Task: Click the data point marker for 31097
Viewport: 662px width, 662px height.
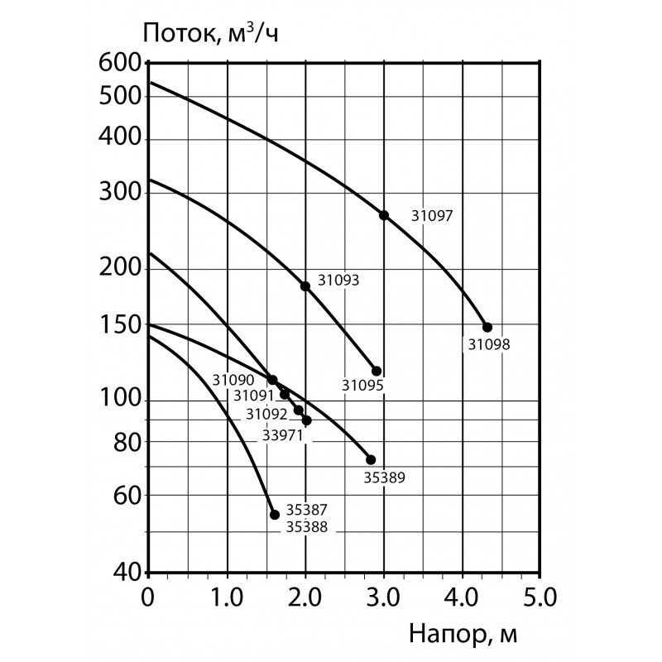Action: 384,215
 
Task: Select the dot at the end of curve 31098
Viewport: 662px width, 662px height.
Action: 487,327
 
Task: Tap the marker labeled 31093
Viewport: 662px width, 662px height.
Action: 305,286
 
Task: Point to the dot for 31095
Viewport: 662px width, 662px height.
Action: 377,371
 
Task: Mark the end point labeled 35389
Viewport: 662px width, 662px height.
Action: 371,459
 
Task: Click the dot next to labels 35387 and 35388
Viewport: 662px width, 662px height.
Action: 275,514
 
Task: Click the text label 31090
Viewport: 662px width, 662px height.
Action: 231,381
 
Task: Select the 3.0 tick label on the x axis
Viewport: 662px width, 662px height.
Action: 383,596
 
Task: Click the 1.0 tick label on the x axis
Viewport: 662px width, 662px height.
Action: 226,596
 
